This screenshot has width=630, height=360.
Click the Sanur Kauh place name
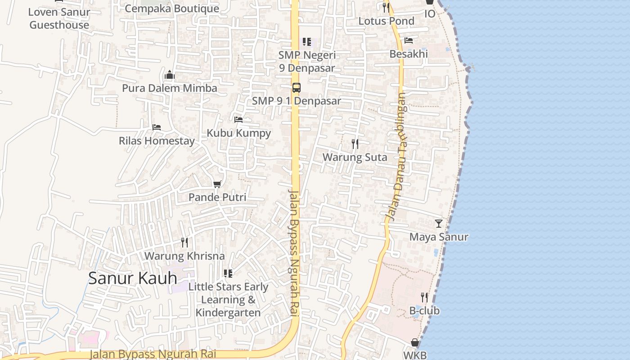click(132, 278)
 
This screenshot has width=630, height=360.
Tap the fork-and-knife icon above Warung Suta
click(355, 144)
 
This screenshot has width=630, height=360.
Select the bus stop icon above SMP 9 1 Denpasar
click(296, 88)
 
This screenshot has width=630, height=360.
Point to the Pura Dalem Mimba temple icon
click(170, 75)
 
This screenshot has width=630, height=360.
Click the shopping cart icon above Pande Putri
click(217, 184)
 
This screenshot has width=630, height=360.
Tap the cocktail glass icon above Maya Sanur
click(439, 224)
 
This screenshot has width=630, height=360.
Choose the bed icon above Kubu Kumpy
click(238, 120)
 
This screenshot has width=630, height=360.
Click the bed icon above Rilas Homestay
click(157, 127)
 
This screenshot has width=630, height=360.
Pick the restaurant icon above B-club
click(424, 297)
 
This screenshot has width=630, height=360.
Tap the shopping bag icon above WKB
click(415, 343)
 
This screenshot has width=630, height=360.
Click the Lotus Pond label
click(386, 21)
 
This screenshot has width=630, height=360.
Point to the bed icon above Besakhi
click(409, 40)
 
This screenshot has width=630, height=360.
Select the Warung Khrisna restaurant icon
click(184, 243)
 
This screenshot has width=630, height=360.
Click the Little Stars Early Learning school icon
click(228, 274)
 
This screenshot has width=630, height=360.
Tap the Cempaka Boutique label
click(172, 8)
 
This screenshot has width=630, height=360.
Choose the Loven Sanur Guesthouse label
click(59, 18)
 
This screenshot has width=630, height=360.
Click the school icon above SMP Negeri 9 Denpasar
click(307, 42)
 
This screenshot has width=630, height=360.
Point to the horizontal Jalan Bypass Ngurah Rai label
click(153, 354)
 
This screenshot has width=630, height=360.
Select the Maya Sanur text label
click(439, 237)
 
